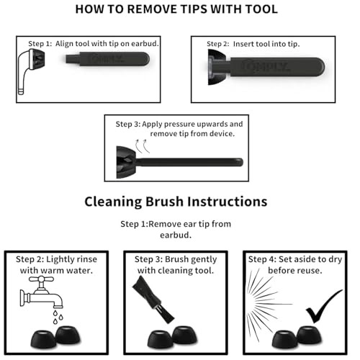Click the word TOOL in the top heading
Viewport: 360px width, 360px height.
click(x=261, y=9)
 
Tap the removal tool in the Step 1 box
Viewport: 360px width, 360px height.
click(x=107, y=59)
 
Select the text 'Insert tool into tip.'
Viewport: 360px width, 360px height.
click(x=266, y=44)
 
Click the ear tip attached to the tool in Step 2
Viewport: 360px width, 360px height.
click(x=216, y=67)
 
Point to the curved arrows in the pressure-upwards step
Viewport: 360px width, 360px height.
click(x=143, y=145)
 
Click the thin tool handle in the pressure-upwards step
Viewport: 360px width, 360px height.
click(x=189, y=162)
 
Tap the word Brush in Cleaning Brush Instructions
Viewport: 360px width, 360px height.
click(x=164, y=202)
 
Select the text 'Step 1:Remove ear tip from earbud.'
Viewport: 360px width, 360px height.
click(x=176, y=230)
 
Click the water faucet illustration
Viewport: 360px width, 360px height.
click(x=41, y=292)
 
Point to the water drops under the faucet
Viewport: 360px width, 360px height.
click(x=58, y=317)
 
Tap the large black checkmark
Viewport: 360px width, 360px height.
click(x=324, y=306)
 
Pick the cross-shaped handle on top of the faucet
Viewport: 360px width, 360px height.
click(x=41, y=279)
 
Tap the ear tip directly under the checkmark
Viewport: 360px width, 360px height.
click(x=309, y=336)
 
